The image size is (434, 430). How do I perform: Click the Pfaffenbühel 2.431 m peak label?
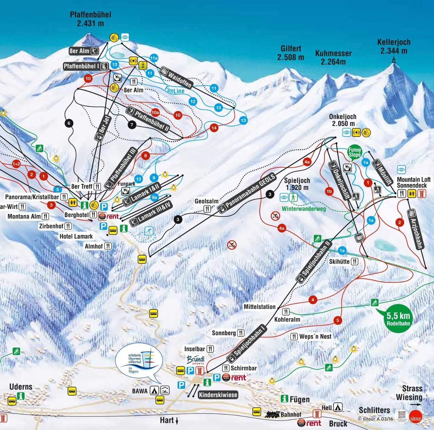point(90,19)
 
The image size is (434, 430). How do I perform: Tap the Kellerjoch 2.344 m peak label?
point(394,47)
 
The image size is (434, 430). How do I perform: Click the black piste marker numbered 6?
point(69,123)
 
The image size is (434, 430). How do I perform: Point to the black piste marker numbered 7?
point(132,124)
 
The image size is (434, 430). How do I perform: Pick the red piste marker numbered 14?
point(214,128)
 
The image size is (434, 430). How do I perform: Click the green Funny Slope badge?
point(354,152)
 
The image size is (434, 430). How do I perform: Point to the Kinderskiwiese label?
point(218,395)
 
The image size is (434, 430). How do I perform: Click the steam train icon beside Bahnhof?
point(272,415)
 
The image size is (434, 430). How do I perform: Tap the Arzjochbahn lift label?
point(416,230)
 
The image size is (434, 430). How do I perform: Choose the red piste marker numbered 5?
point(338,320)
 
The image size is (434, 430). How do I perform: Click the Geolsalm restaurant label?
point(207,201)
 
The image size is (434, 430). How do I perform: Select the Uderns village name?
point(21,387)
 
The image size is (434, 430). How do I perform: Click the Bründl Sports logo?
point(195,360)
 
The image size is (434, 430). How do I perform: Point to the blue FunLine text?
point(175,90)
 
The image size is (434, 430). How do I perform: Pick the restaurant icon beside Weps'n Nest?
point(294,336)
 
